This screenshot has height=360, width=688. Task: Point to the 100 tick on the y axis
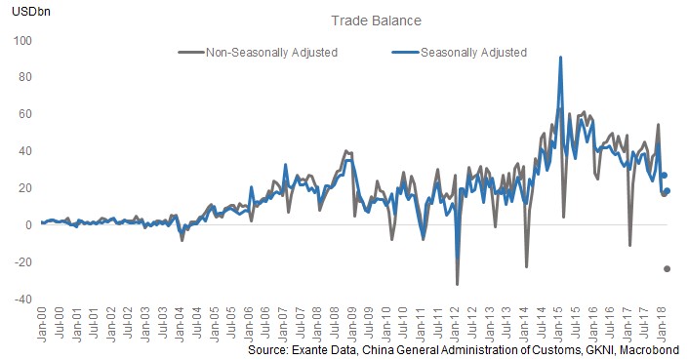(x=22, y=41)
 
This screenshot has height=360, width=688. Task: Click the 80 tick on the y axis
(x=25, y=77)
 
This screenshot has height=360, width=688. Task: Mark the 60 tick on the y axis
(x=25, y=114)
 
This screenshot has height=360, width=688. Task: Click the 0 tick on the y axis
(x=28, y=224)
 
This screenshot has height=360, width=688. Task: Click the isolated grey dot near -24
(x=668, y=268)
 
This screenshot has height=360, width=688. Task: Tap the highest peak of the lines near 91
(x=560, y=57)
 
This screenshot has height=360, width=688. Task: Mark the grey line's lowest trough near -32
(x=457, y=284)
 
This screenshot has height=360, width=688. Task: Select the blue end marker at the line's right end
(x=667, y=191)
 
